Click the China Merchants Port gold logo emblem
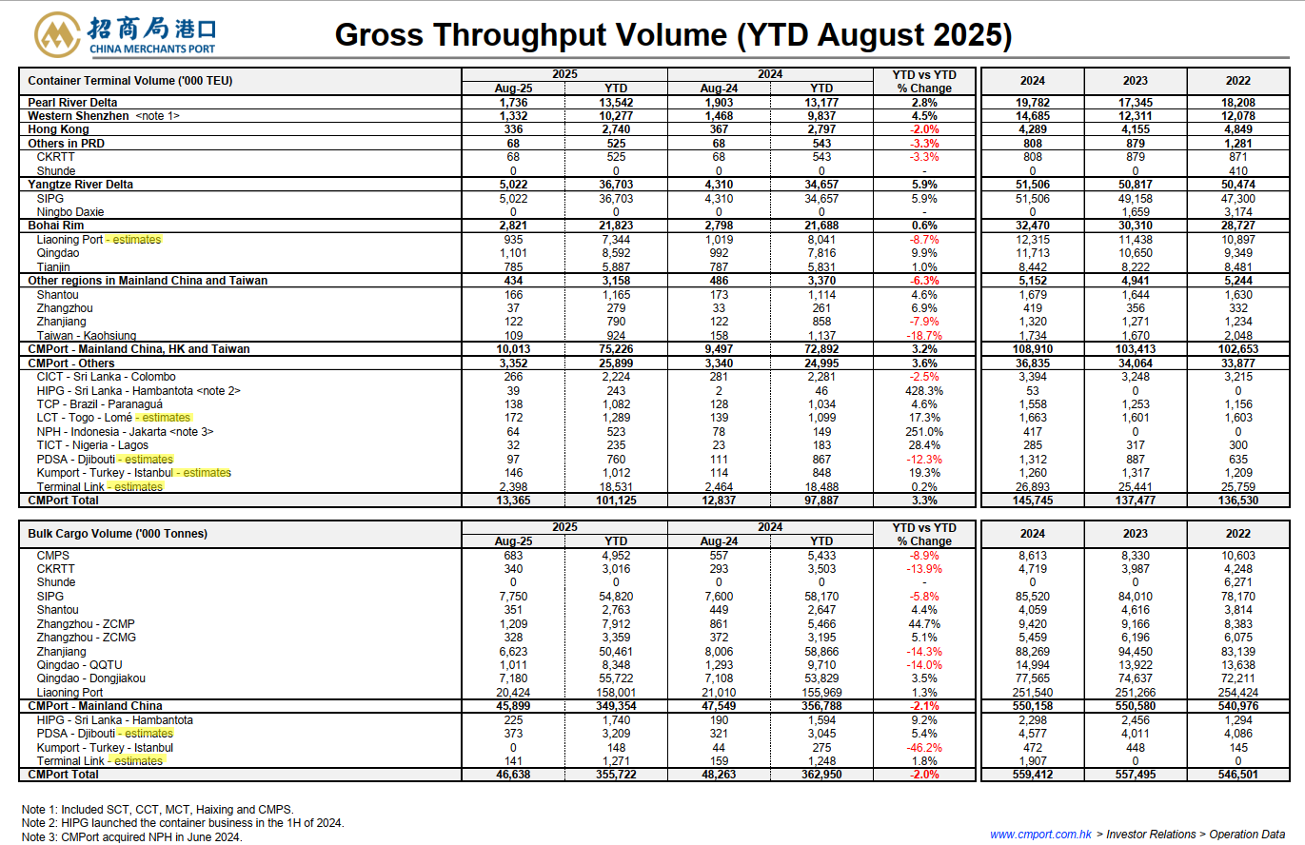tap(56, 34)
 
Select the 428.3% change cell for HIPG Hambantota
tap(924, 391)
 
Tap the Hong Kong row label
tap(58, 129)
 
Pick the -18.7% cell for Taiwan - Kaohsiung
tap(924, 336)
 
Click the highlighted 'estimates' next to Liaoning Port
tap(136, 240)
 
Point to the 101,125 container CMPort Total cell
tap(616, 501)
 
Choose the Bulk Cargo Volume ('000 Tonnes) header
tap(118, 534)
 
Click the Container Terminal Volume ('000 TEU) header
tap(129, 80)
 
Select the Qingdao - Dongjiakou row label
tap(90, 678)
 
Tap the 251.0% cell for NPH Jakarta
tap(924, 431)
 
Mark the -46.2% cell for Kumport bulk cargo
tap(924, 747)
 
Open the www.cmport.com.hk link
tap(1040, 834)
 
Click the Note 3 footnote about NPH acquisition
tap(131, 836)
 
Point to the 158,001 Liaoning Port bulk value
tap(616, 693)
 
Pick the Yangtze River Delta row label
tap(80, 184)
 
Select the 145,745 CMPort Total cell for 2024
tap(1033, 501)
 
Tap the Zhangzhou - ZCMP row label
tap(86, 623)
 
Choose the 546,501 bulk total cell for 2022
tap(1238, 775)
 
